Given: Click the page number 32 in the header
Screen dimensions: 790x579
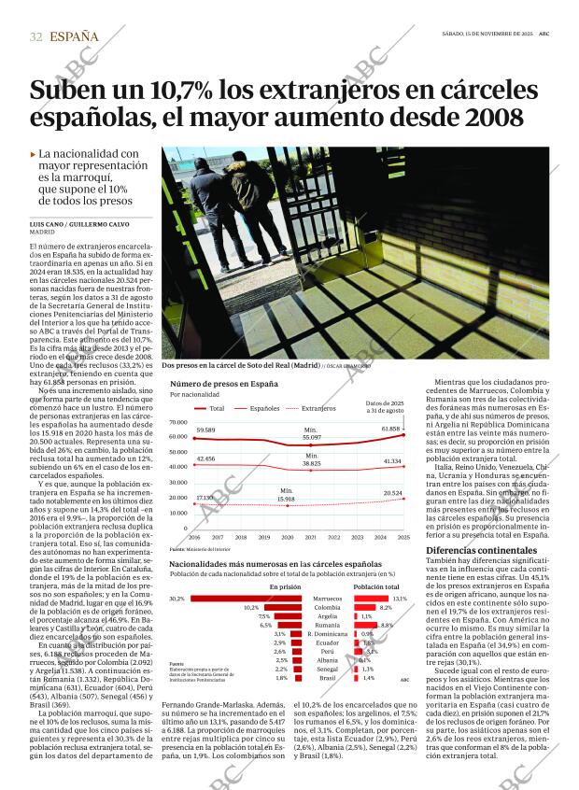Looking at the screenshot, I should (36, 36).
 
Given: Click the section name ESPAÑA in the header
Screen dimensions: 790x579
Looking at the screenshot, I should (74, 36).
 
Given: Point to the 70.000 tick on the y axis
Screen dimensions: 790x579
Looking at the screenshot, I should (178, 421).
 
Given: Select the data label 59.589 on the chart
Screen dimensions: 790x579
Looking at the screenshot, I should (205, 430).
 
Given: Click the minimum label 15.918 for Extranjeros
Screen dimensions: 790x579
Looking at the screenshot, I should (286, 499).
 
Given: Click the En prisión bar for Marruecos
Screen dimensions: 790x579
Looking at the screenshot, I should (238, 599).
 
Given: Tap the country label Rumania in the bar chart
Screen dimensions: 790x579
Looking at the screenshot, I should (326, 626).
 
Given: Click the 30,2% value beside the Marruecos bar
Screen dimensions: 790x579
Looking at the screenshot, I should (177, 599).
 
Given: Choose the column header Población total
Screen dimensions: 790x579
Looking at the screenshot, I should (376, 586).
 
